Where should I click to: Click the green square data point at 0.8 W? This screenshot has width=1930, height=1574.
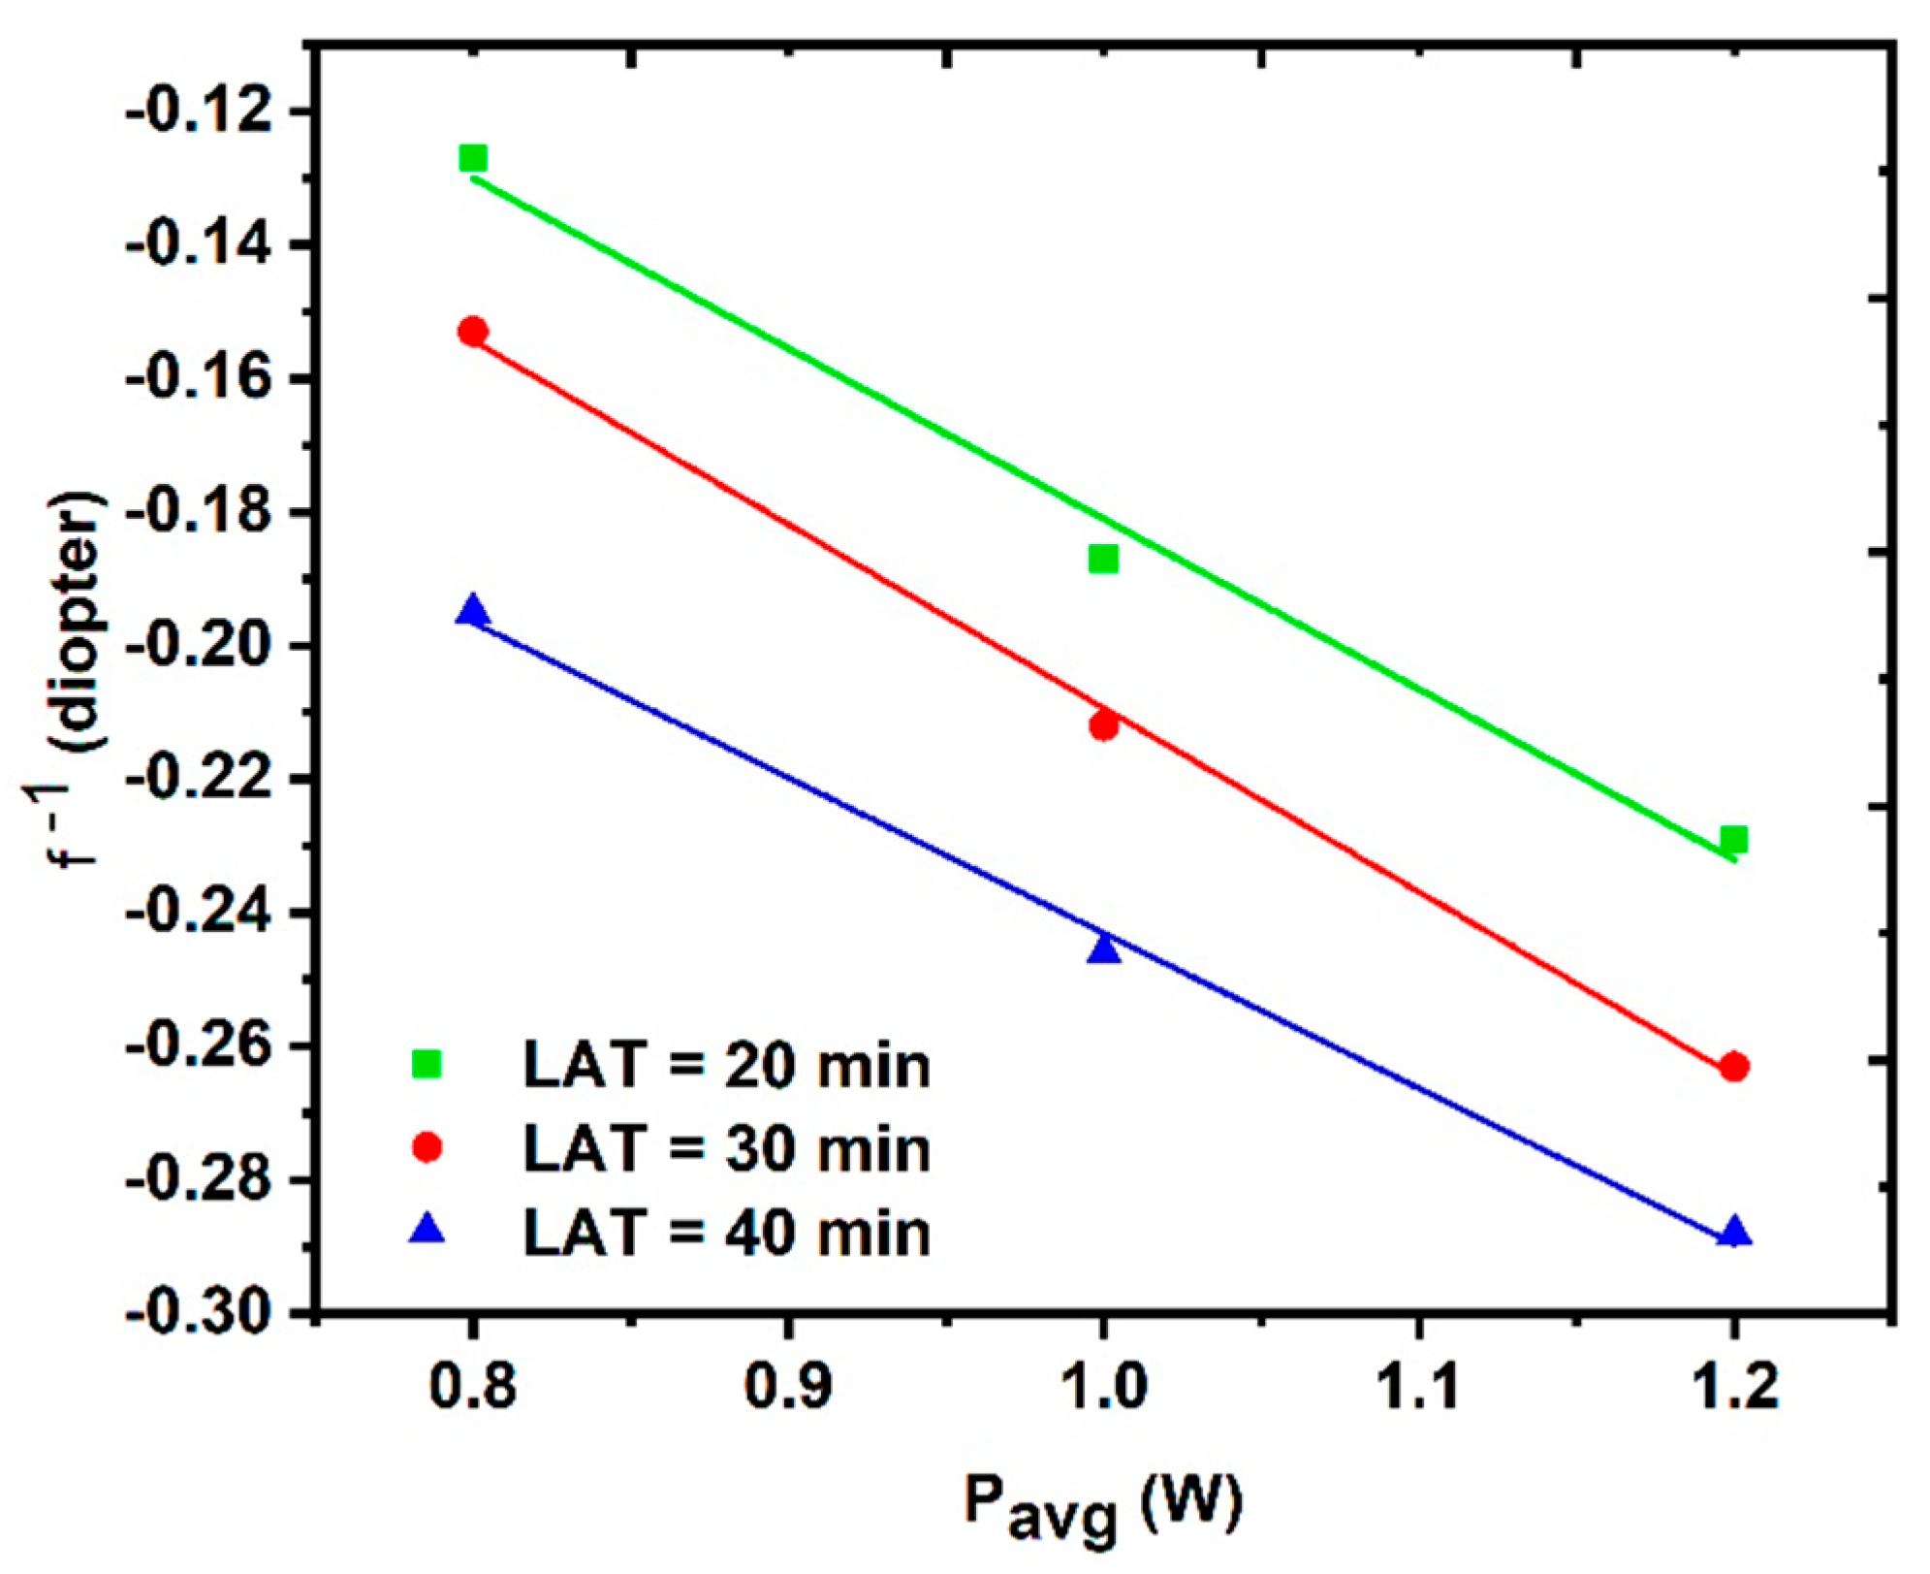pyautogui.click(x=472, y=158)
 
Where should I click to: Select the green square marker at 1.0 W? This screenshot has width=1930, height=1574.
pyautogui.click(x=1103, y=559)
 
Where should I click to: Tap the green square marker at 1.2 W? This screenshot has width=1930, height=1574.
pyautogui.click(x=1734, y=839)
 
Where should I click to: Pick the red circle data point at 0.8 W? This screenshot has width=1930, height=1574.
pyautogui.click(x=472, y=332)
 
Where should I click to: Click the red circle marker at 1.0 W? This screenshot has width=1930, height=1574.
pyautogui.click(x=1103, y=725)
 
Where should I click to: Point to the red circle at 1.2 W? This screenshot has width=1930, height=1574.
pyautogui.click(x=1734, y=1067)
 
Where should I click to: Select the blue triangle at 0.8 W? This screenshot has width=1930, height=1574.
pyautogui.click(x=472, y=612)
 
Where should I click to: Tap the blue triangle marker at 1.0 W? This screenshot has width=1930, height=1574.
pyautogui.click(x=1103, y=949)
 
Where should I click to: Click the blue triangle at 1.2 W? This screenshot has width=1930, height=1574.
pyautogui.click(x=1734, y=1233)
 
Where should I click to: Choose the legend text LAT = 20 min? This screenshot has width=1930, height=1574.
pyautogui.click(x=726, y=1065)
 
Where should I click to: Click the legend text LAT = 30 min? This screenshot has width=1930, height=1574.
pyautogui.click(x=726, y=1148)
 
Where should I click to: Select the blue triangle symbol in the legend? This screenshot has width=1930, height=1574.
pyautogui.click(x=427, y=1231)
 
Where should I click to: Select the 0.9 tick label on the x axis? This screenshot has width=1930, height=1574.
pyautogui.click(x=787, y=1387)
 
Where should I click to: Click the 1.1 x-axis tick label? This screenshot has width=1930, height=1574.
pyautogui.click(x=1418, y=1387)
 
